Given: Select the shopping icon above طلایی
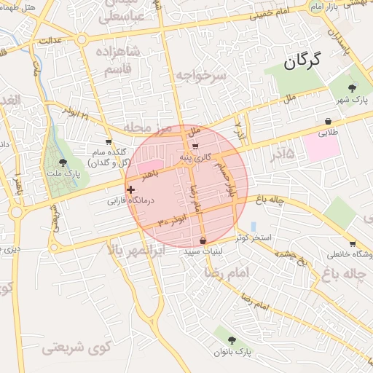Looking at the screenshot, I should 329,121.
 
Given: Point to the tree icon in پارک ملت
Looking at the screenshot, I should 63,162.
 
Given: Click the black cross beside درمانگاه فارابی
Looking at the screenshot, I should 130,190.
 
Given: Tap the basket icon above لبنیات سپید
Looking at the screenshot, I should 203,240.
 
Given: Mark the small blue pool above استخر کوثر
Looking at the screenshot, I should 253,227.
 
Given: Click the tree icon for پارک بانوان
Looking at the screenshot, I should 232,340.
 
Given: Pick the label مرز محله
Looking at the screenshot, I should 147,128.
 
